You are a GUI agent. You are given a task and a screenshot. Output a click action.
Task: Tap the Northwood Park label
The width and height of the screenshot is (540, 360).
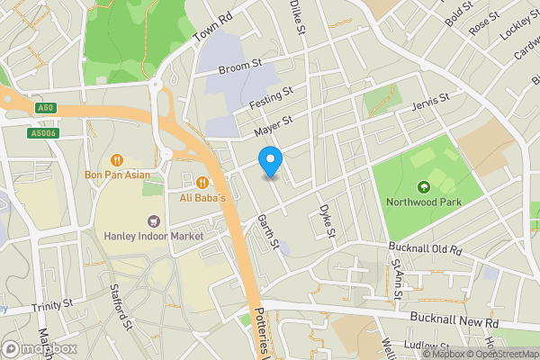[419, 202]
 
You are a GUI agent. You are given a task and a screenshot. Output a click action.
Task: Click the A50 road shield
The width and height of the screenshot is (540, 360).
[46, 109]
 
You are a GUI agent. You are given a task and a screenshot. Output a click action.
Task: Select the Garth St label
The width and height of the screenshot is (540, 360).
[268, 232]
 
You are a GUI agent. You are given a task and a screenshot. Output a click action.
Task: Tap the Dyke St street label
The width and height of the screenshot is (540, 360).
[326, 221]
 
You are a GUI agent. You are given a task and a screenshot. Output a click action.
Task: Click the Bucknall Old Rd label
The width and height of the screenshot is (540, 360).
[424, 247]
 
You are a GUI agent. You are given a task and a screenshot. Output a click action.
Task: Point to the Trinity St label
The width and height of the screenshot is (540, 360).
[51, 307]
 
